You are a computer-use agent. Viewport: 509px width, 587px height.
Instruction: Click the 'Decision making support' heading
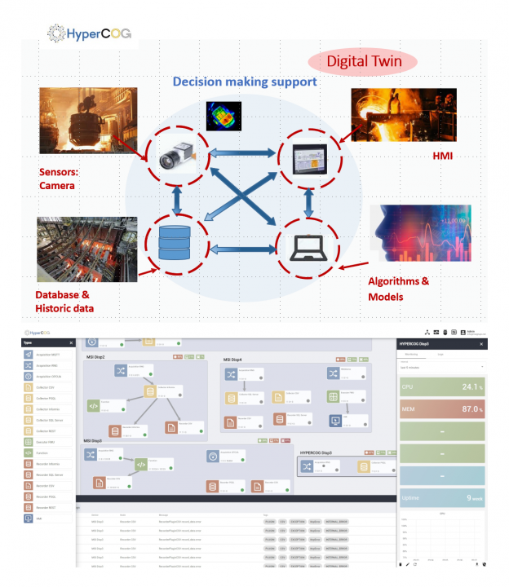245,82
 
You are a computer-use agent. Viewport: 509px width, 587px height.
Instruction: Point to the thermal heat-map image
224,116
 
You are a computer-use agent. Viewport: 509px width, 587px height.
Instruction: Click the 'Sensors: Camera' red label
64,179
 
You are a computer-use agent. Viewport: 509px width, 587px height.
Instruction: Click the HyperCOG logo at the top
90,33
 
